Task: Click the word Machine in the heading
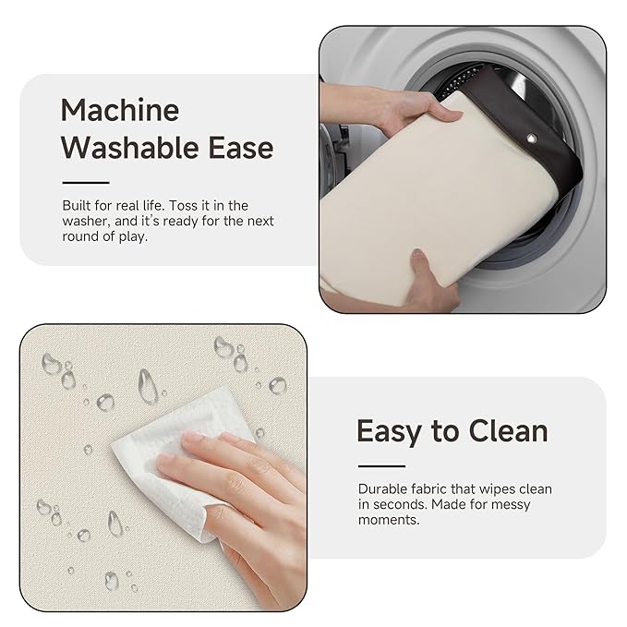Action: [x=119, y=111]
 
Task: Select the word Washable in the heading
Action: [x=129, y=148]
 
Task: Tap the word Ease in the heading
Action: [x=241, y=148]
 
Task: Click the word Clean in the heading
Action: [x=508, y=431]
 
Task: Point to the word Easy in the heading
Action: [x=389, y=433]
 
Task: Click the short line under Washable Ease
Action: [x=86, y=183]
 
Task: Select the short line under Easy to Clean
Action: [x=382, y=465]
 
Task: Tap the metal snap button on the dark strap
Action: [x=532, y=139]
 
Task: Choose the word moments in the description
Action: [x=389, y=520]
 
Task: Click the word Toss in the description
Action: [x=182, y=206]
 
